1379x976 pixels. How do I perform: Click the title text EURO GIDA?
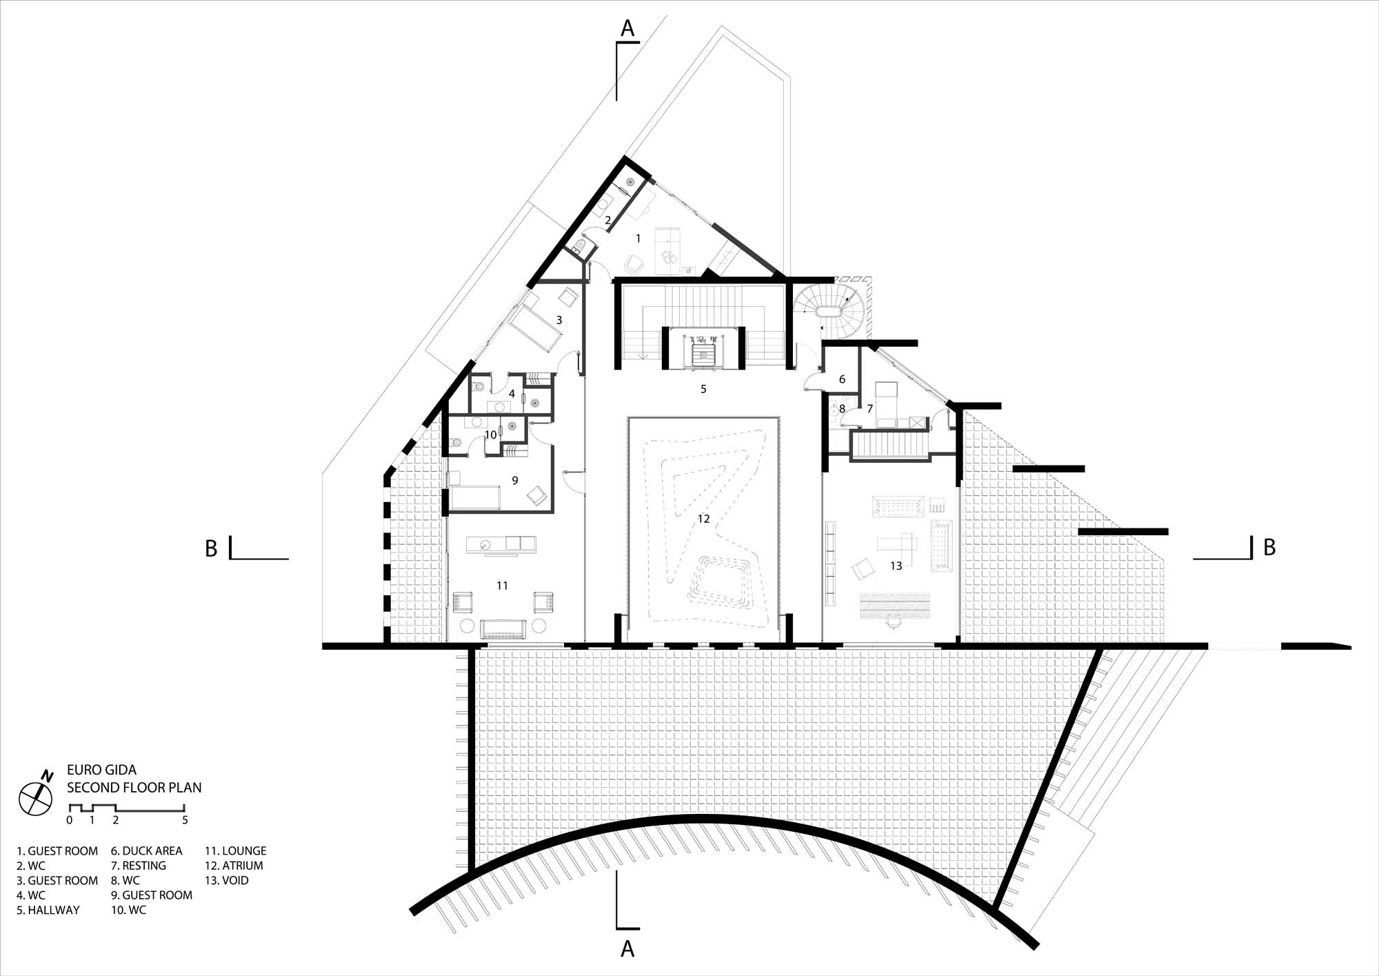[101, 770]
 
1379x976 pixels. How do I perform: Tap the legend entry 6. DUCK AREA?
[147, 851]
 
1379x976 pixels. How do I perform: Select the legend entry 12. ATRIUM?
[234, 866]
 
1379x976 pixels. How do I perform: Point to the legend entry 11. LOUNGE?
[235, 851]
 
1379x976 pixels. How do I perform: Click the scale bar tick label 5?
[185, 820]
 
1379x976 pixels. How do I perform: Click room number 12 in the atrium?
[703, 519]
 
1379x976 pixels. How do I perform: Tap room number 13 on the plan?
[896, 566]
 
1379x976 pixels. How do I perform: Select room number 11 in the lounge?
[502, 586]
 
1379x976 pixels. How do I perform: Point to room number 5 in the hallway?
[703, 389]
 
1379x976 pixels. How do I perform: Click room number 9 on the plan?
[514, 480]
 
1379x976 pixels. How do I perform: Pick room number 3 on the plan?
[559, 320]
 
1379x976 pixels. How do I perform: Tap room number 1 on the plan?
[638, 238]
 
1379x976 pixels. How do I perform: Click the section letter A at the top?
[627, 28]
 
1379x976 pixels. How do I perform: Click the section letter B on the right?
[1269, 548]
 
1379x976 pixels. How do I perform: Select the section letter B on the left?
[211, 548]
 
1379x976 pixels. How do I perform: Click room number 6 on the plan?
[842, 379]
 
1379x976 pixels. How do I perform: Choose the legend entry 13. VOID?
[227, 881]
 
